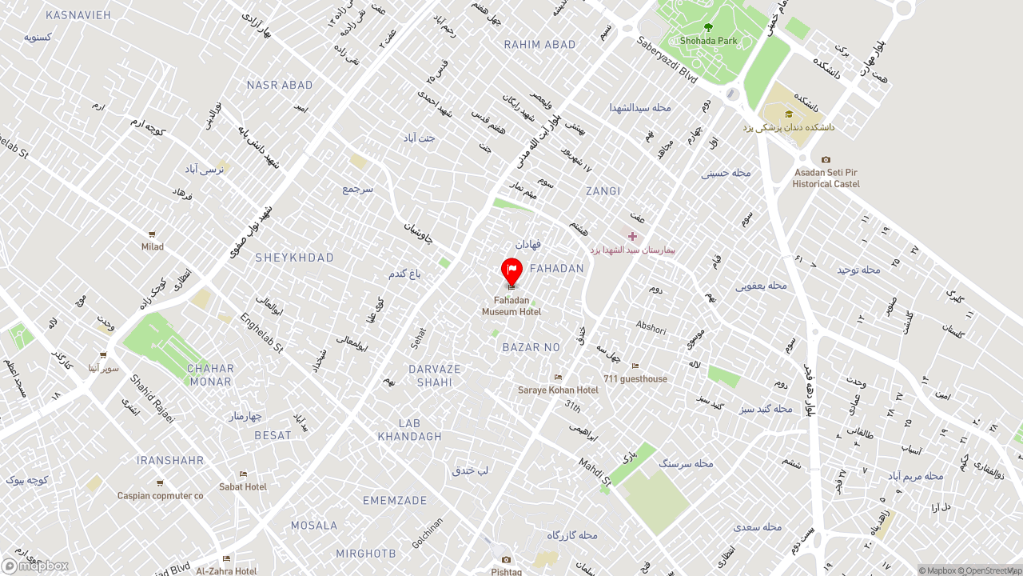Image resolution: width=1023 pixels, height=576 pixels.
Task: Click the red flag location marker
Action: (511, 270)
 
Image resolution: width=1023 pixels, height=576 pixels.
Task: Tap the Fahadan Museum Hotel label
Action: (511, 306)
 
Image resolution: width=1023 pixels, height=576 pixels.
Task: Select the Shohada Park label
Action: (708, 40)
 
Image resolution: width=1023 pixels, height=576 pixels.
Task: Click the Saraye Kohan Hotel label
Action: (558, 390)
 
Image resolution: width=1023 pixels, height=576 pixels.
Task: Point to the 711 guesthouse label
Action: (635, 378)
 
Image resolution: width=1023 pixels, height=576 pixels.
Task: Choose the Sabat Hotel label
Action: (243, 486)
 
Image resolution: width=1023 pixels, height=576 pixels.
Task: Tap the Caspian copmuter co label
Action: (160, 495)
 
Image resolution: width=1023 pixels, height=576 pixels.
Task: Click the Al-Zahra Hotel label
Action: (227, 570)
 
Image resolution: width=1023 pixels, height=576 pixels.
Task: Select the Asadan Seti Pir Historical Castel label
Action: (826, 178)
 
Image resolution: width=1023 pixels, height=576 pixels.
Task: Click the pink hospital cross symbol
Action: (632, 236)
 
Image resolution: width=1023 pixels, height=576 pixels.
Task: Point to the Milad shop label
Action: (152, 246)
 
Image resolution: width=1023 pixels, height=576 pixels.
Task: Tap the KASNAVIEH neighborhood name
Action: (78, 15)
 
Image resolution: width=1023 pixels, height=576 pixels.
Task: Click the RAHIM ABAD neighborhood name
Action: (539, 45)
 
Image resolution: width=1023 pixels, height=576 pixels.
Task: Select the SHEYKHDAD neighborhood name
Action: (294, 258)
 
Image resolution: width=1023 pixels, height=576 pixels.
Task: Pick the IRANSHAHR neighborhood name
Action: (170, 461)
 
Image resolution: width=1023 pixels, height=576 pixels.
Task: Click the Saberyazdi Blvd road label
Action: (667, 59)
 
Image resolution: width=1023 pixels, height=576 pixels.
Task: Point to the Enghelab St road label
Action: (261, 333)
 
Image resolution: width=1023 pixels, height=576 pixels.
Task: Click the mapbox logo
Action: (35, 566)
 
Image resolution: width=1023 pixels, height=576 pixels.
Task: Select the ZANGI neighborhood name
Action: (603, 191)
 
